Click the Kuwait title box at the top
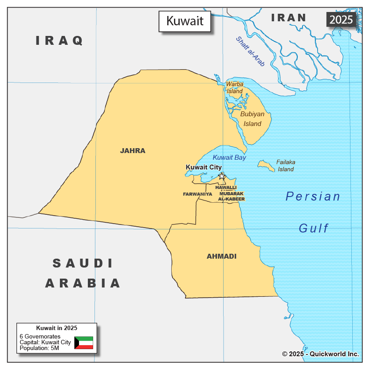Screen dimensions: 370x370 185,21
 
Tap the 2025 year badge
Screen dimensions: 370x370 341,20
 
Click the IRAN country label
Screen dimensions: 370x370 289,18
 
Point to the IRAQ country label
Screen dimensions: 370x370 59,41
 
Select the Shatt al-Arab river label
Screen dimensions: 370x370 250,51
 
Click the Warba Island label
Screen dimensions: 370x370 235,87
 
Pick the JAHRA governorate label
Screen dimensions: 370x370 133,151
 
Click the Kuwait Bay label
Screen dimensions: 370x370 229,157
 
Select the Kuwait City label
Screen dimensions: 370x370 203,167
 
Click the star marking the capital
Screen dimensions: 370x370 221,176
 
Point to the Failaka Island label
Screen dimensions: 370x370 286,165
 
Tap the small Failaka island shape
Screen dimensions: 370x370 266,166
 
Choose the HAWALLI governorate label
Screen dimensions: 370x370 226,188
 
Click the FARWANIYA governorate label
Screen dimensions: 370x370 197,194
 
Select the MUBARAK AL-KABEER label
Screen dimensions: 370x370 231,197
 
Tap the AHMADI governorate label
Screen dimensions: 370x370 221,256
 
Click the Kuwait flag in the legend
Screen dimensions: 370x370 83,342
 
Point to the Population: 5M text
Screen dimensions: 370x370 39,348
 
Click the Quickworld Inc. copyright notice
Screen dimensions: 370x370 320,354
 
